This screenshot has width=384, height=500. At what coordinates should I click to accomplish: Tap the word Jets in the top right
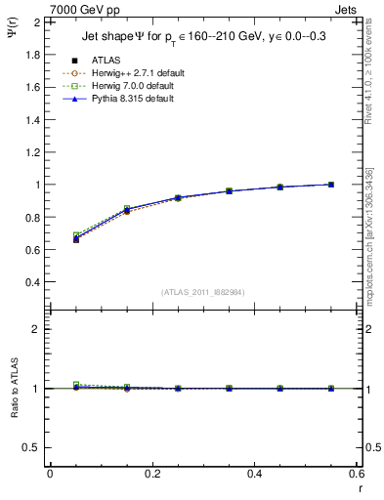tap(351, 10)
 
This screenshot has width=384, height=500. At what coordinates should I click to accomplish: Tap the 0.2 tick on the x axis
tap(152, 474)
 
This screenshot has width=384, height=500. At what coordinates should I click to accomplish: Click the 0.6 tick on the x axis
tap(357, 474)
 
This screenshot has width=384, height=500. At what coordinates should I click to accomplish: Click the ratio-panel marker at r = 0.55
tap(331, 389)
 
